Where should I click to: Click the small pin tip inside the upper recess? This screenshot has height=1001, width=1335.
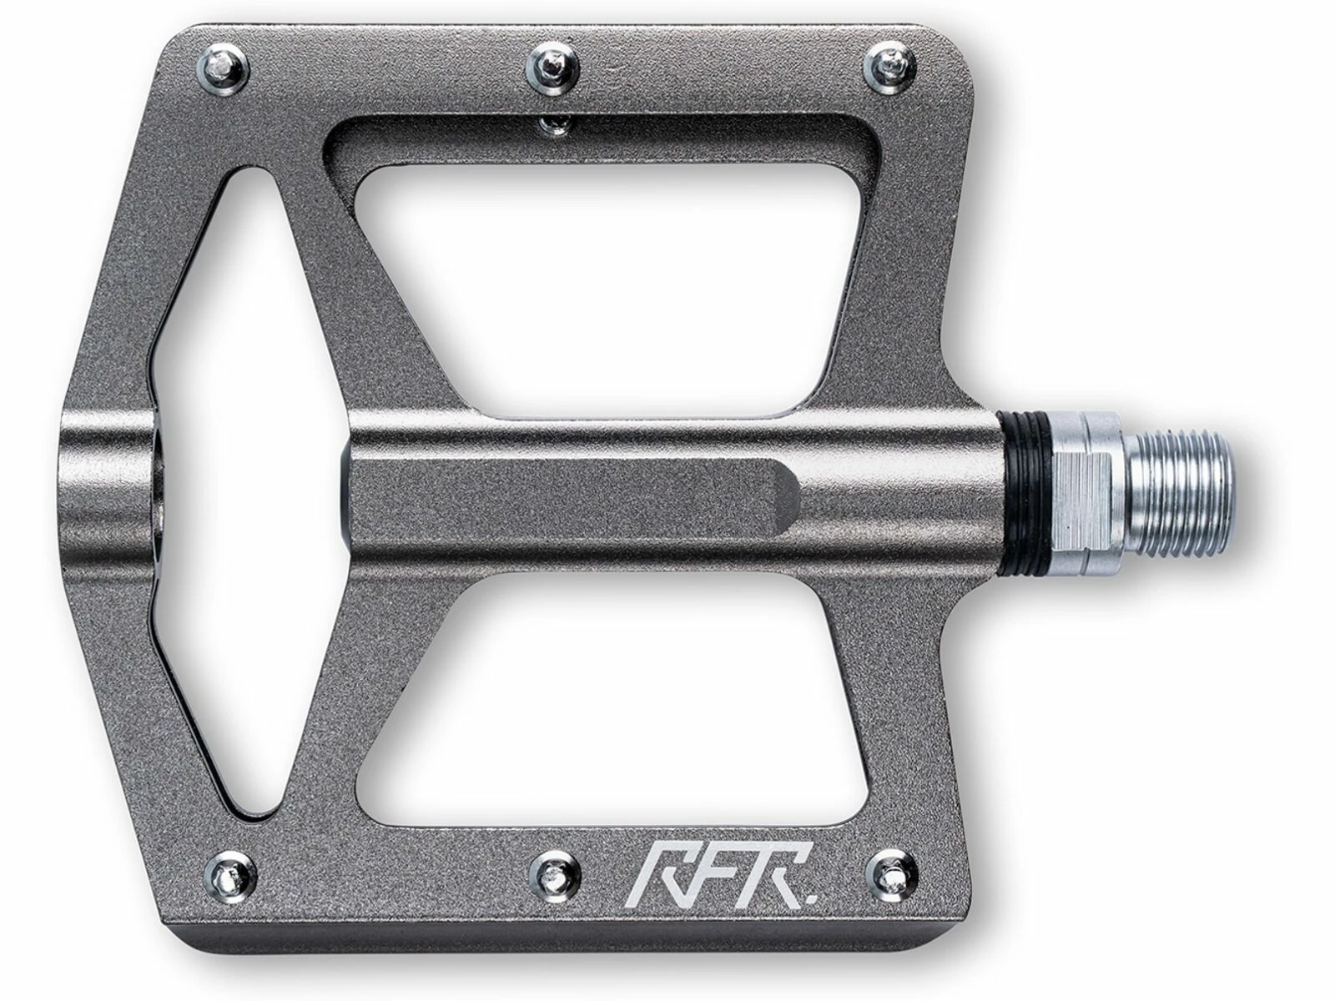pos(553,126)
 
